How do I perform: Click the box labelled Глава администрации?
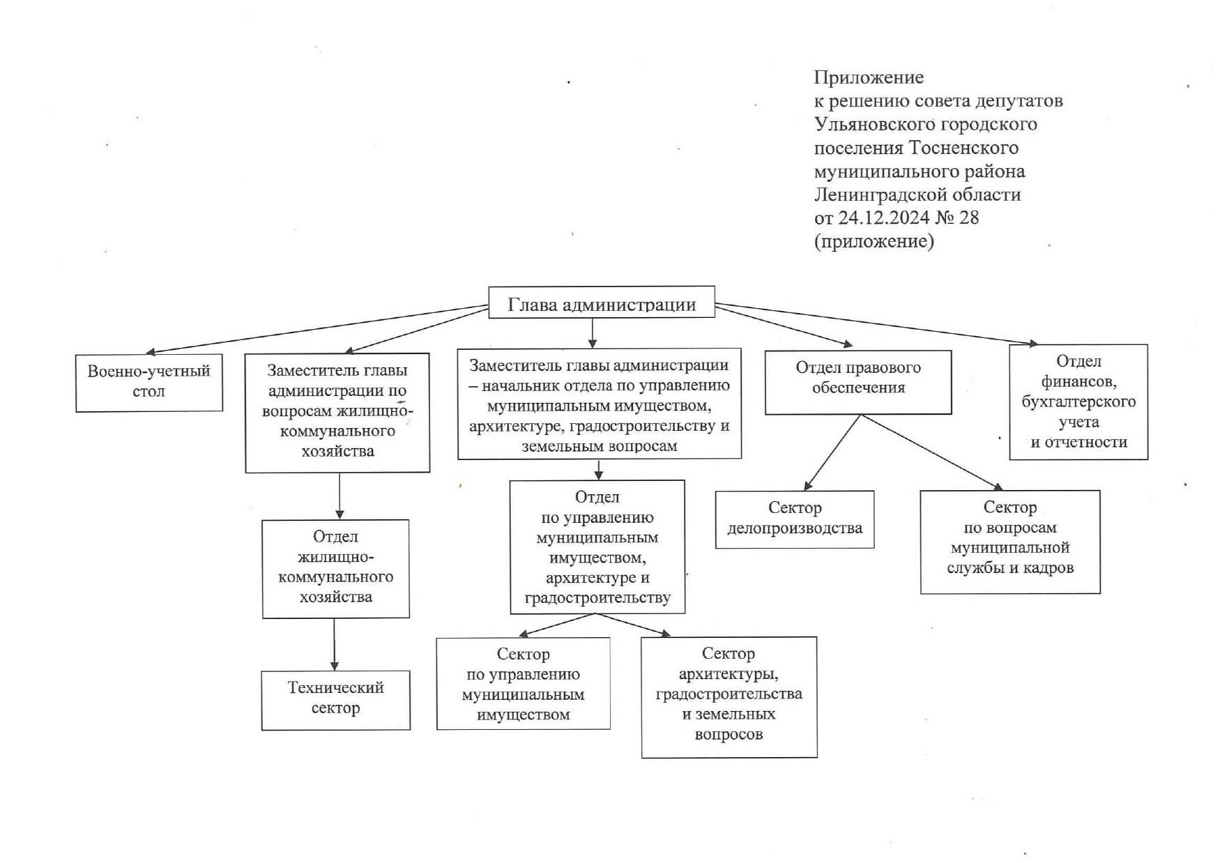[601, 302]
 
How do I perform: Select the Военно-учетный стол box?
[149, 383]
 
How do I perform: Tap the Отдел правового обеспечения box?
[858, 382]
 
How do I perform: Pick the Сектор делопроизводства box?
[795, 519]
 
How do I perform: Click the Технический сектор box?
[335, 700]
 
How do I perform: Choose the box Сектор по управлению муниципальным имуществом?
[524, 683]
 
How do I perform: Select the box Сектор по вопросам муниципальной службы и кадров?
[1010, 542]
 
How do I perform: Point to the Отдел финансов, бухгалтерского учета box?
[1078, 402]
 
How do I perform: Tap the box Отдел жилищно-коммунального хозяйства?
[335, 569]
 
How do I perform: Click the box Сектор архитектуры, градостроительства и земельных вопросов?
[729, 697]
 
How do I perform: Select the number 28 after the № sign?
[969, 217]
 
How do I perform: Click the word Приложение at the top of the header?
[869, 77]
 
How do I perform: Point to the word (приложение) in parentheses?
[874, 242]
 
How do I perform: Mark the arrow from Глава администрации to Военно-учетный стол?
[317, 329]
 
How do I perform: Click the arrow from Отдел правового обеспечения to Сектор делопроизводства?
[832, 452]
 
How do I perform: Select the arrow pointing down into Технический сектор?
[335, 645]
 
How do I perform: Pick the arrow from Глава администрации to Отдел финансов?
[876, 324]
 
